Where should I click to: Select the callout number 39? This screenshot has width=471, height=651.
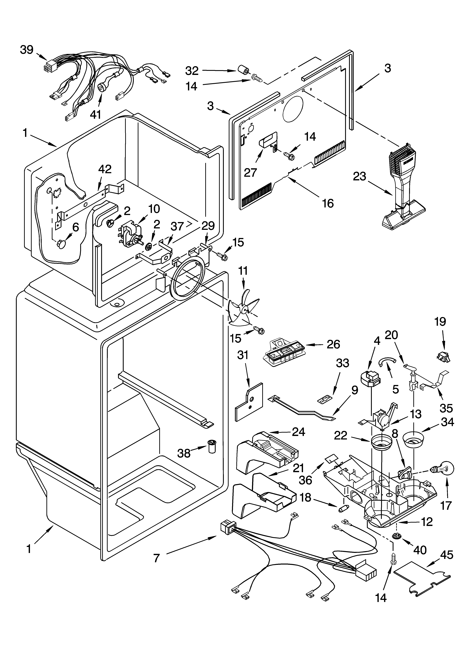pos(27,50)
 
